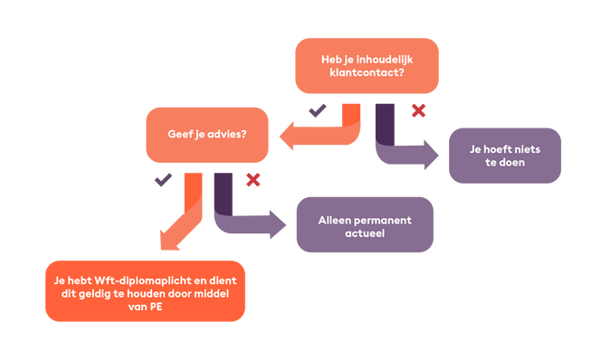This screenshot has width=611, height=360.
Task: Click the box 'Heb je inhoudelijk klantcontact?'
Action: tap(367, 66)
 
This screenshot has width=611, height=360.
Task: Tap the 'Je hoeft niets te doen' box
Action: tap(504, 156)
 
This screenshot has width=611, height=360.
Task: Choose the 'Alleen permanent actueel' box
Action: tap(365, 224)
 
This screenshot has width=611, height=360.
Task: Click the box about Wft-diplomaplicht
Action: tap(145, 290)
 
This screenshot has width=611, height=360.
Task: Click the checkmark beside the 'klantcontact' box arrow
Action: tap(317, 111)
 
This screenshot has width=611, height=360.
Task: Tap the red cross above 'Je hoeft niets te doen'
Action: tap(417, 110)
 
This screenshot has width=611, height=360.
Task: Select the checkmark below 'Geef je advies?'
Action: tap(162, 179)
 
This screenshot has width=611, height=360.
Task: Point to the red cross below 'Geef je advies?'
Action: tap(253, 179)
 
